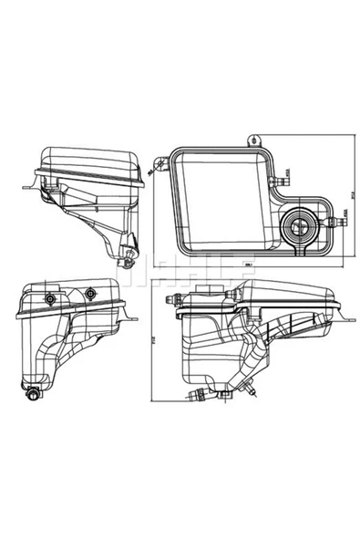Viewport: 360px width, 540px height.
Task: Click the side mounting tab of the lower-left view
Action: (x=133, y=318)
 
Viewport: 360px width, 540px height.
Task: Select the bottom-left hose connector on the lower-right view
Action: (x=195, y=394)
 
